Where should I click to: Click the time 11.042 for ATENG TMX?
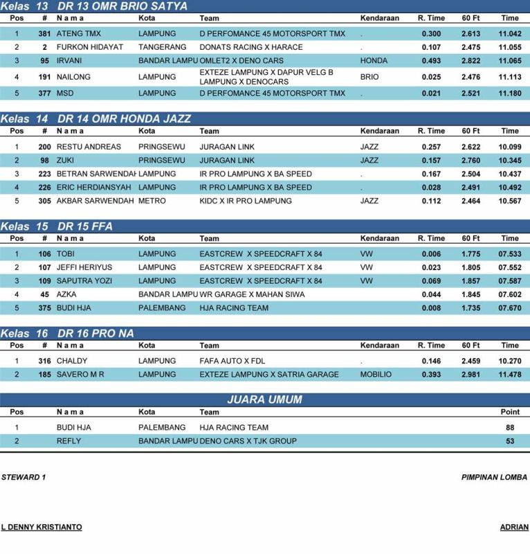510,33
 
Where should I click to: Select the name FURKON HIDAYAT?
89,47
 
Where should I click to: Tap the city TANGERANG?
160,47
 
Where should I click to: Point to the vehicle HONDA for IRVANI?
374,61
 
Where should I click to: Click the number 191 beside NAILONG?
44,77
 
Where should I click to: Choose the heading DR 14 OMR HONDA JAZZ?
125,118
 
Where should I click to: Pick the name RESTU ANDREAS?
89,147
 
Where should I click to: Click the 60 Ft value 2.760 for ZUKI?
471,160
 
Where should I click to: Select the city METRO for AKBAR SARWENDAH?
152,201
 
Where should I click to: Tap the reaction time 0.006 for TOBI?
431,254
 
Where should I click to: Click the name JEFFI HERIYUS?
84,267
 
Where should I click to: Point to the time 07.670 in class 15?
510,308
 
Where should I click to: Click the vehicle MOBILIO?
376,375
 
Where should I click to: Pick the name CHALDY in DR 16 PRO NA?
72,361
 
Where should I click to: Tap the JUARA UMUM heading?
264,400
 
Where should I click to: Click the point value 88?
510,427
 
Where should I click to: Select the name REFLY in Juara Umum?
68,441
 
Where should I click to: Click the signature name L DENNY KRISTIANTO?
42,527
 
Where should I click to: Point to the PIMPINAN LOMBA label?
494,477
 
